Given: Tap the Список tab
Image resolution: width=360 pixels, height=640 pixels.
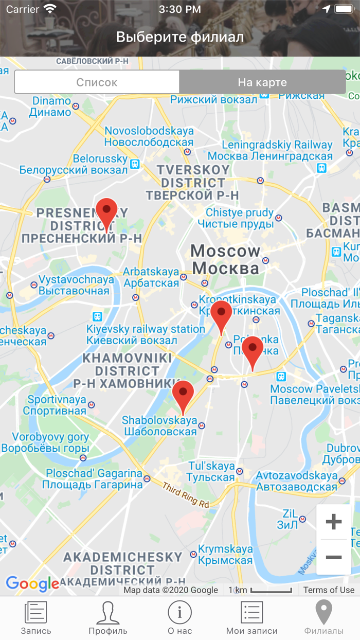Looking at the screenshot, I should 97,82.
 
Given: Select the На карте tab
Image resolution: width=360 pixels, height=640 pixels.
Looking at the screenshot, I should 262,82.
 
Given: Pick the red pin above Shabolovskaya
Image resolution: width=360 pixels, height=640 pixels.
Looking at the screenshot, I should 183,395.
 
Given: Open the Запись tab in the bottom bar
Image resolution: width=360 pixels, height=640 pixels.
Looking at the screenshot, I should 36,618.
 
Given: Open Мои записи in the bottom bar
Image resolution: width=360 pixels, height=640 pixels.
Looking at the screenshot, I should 252,618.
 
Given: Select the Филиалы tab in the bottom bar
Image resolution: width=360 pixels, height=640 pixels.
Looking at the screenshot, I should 324,618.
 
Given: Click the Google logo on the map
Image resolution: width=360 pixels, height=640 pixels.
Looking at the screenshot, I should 32,583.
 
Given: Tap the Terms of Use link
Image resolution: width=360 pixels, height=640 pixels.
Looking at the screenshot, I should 329,590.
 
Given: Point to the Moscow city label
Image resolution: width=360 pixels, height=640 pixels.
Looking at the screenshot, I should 226,260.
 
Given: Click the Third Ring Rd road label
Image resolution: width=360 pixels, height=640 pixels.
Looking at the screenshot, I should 186,495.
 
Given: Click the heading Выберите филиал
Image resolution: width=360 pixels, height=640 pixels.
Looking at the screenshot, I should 180,37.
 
